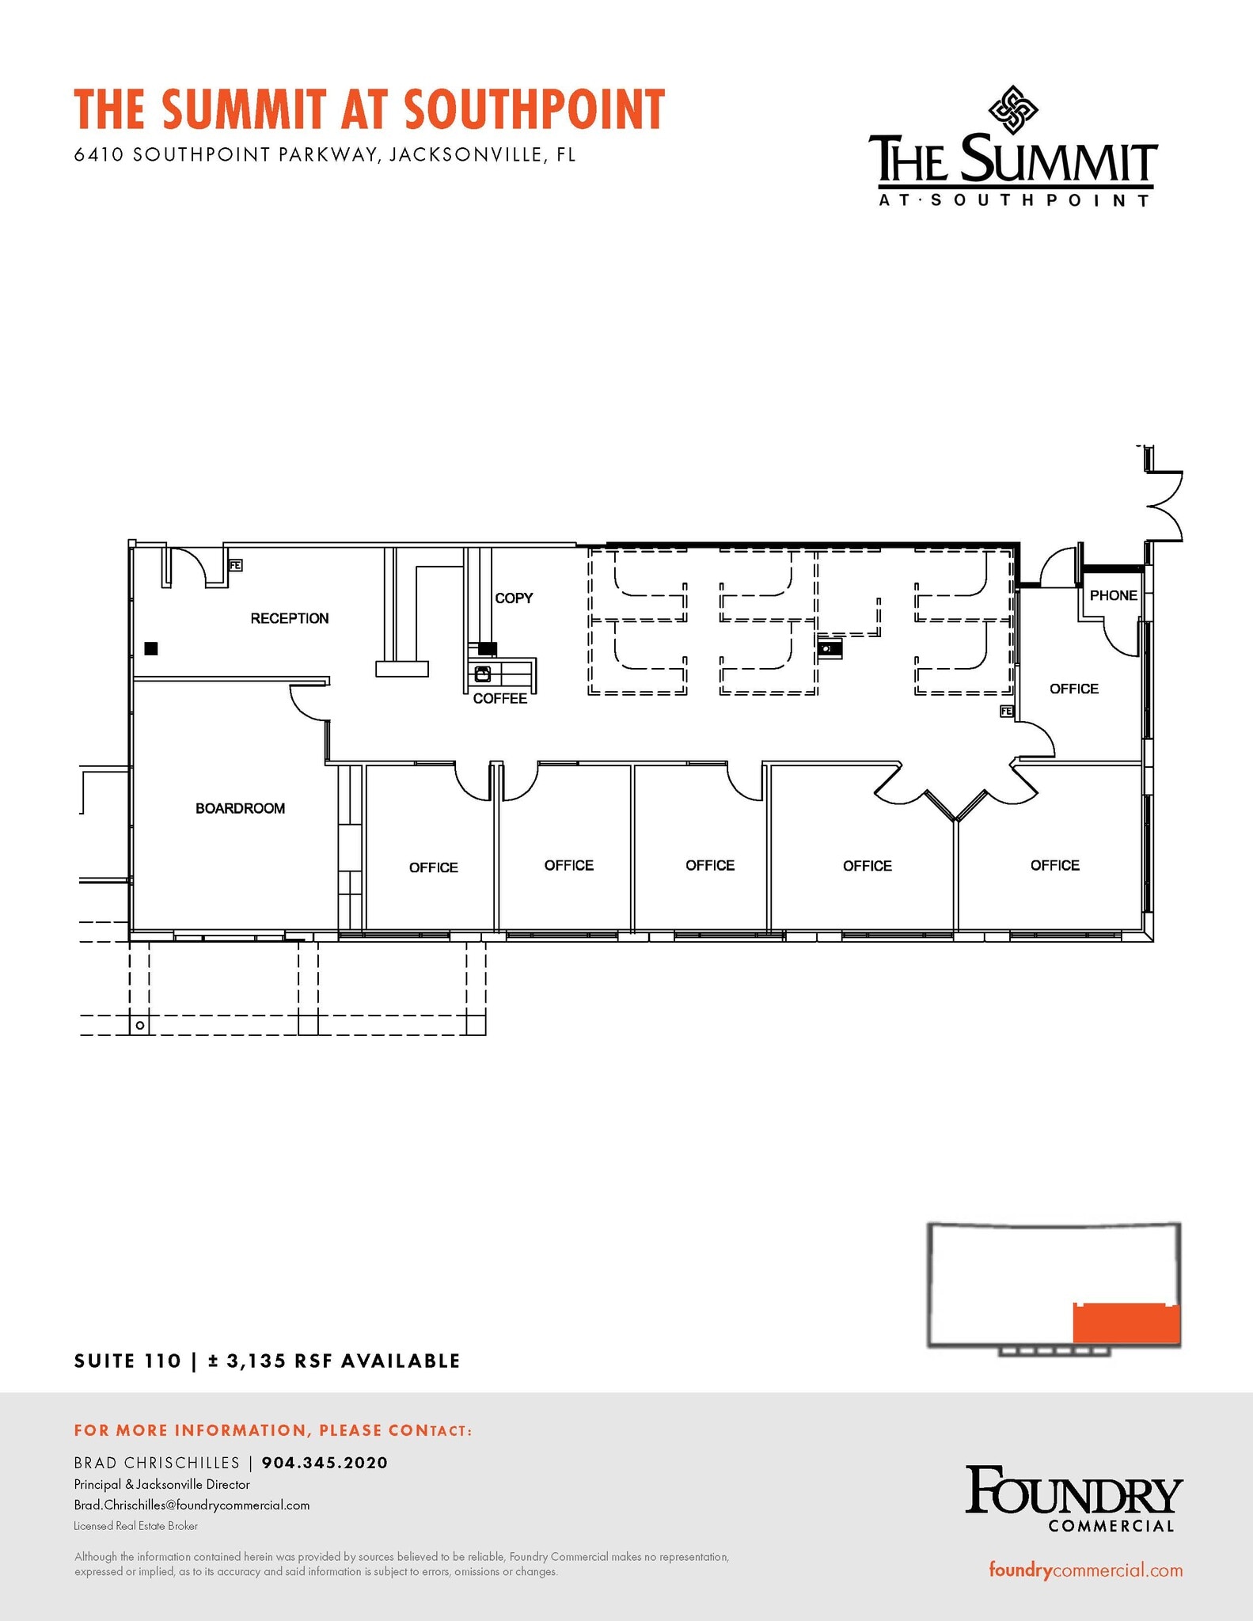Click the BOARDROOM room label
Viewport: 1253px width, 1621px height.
pos(240,808)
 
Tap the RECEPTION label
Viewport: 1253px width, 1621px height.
pos(289,618)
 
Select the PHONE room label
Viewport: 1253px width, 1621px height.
pos(1113,595)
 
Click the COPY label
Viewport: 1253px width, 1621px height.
pos(514,598)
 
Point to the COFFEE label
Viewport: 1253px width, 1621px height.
pos(499,698)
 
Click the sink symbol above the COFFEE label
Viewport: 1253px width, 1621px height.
pos(482,674)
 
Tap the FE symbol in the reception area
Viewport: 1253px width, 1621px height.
pos(235,565)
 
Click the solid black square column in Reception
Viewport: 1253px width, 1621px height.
pos(151,648)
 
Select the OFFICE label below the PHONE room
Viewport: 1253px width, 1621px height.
pos(1073,689)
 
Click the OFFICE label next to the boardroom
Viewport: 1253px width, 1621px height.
pos(433,867)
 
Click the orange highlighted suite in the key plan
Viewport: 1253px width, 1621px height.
pos(1126,1323)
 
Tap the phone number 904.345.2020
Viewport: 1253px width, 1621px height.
pos(325,1463)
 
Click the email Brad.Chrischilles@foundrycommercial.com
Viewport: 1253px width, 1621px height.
pos(192,1505)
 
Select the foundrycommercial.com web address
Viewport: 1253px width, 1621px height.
pos(1085,1570)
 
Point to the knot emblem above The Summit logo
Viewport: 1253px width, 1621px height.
pos(1013,109)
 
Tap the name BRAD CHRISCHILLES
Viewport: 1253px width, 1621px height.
pos(157,1463)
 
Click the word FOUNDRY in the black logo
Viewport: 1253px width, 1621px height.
pos(1073,1490)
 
